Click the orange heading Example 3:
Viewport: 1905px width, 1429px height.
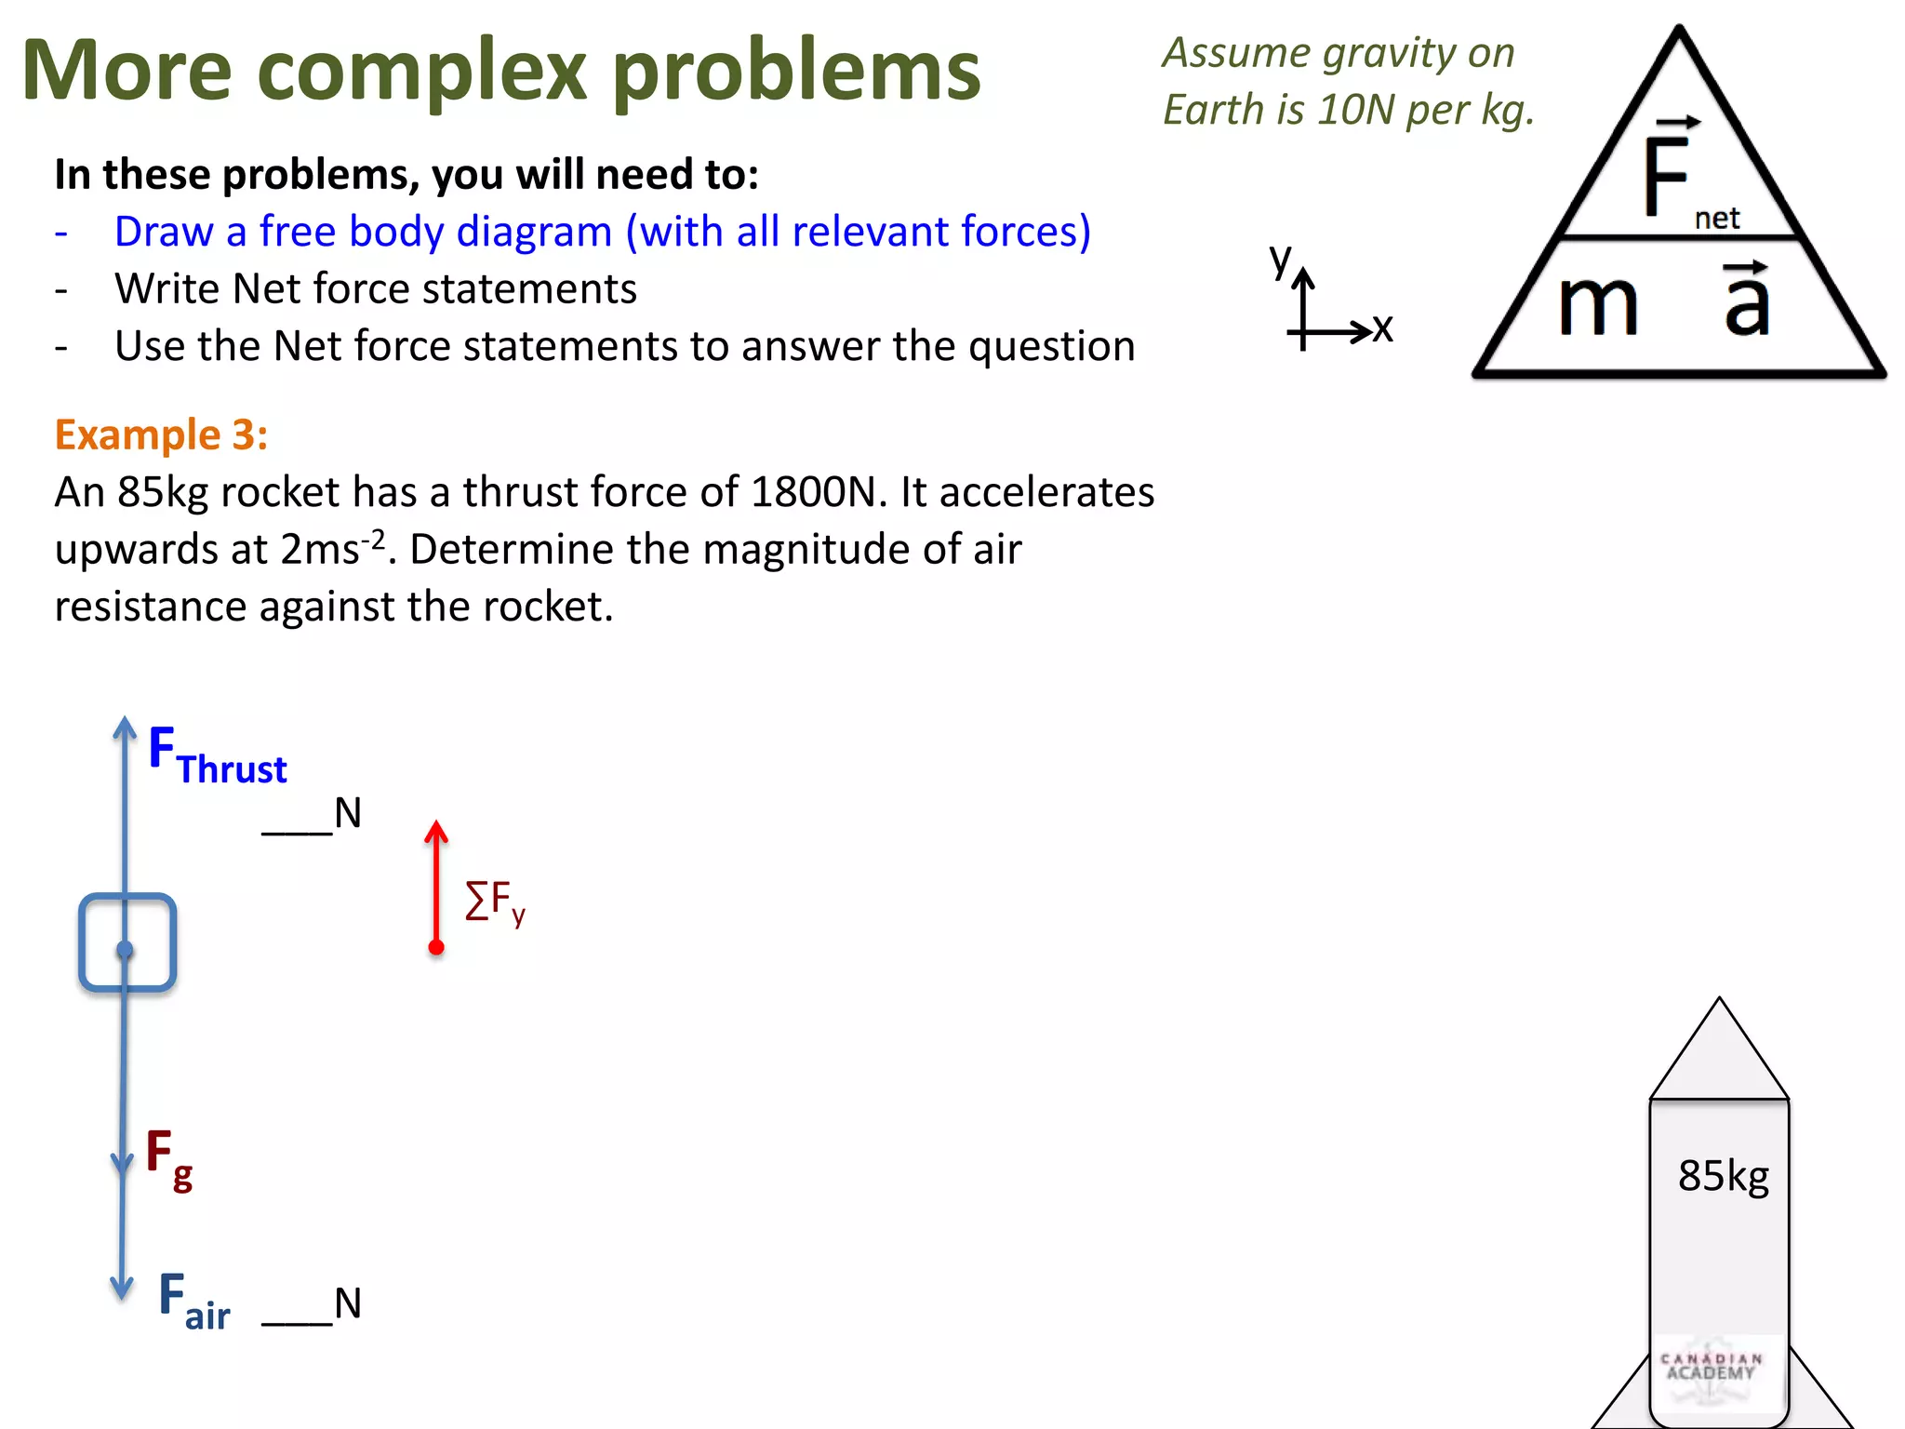coord(161,435)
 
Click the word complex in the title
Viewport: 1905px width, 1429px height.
coord(422,73)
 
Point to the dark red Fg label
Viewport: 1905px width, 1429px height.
coord(169,1158)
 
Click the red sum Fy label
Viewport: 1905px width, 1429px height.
coord(495,901)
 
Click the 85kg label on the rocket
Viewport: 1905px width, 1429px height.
coord(1723,1176)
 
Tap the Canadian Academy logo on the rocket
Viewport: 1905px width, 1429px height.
coord(1712,1368)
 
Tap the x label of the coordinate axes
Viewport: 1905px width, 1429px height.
coord(1382,327)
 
